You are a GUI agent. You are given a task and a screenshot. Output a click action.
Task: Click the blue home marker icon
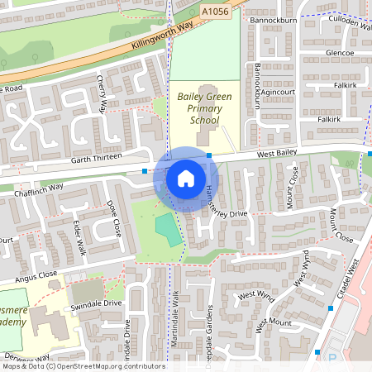click(186, 178)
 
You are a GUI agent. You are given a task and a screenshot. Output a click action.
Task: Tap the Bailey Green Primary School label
click(204, 108)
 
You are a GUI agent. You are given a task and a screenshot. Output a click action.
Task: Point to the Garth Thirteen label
click(96, 156)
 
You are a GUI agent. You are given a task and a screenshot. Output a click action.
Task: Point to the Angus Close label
click(35, 274)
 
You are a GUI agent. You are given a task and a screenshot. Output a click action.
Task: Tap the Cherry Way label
click(103, 93)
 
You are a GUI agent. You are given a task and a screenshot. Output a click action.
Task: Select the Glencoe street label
click(339, 53)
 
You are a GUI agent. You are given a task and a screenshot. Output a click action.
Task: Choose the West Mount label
click(274, 322)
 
